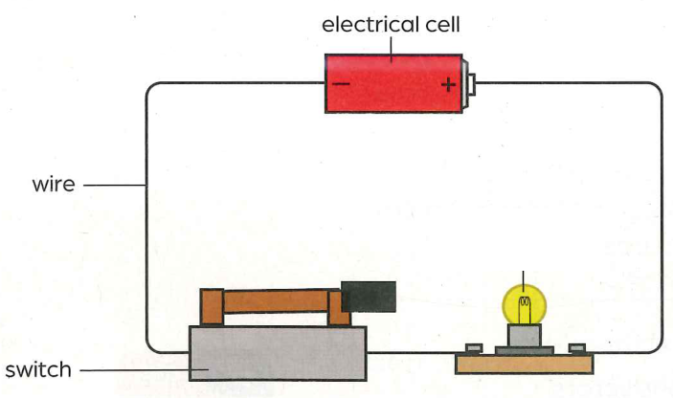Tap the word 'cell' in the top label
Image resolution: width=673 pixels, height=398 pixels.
(442, 25)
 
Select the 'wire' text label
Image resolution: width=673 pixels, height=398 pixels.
(54, 185)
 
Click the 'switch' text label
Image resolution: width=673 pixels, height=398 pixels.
(38, 369)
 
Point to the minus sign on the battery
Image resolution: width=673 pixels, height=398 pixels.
(341, 83)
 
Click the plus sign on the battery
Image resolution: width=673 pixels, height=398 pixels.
(449, 84)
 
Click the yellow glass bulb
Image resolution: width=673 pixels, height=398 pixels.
(524, 304)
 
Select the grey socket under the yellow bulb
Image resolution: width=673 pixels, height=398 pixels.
(525, 335)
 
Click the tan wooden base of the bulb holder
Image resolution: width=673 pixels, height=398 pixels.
(525, 364)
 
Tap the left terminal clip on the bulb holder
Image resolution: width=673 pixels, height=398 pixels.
(474, 348)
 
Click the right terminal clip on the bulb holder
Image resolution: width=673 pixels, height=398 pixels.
(577, 348)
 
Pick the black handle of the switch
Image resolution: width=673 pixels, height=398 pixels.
(369, 297)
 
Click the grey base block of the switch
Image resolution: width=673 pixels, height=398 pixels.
(278, 353)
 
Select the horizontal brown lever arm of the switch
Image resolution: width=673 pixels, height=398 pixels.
(276, 301)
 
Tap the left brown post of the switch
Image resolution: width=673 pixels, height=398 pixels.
(212, 307)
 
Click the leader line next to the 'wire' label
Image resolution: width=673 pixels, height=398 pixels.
(115, 186)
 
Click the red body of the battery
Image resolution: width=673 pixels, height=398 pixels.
(393, 83)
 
